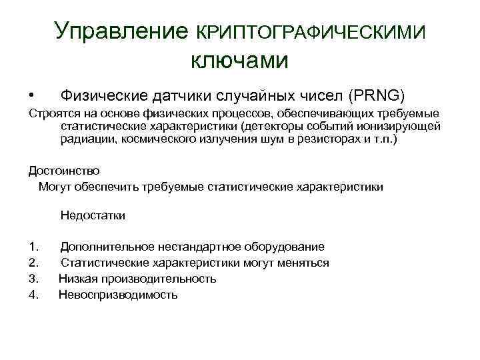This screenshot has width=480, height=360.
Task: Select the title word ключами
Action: (240, 61)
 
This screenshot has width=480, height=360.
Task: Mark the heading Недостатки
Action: (93, 215)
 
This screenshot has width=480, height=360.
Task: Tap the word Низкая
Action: (79, 278)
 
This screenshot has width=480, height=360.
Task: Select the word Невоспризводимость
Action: (118, 294)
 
